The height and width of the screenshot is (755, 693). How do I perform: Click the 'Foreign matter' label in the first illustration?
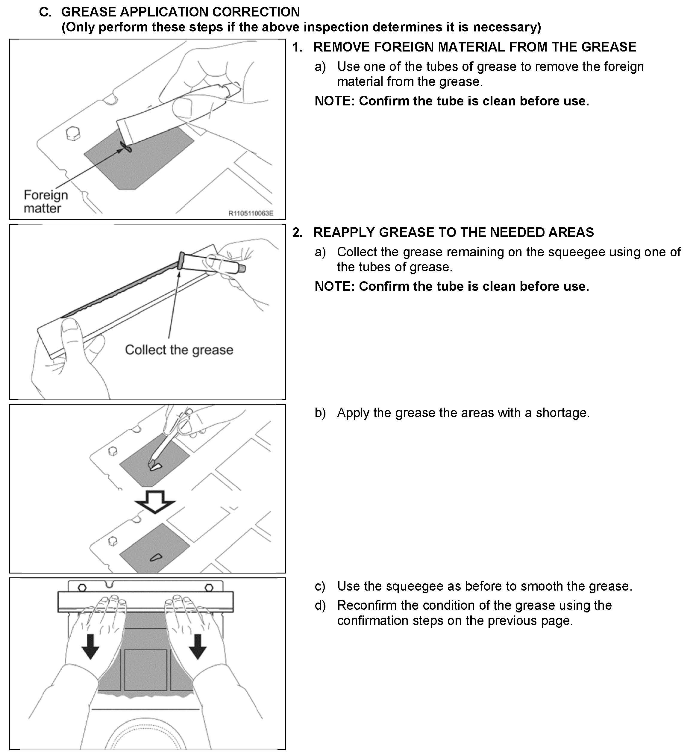46,202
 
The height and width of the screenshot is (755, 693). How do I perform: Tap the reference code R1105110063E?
251,214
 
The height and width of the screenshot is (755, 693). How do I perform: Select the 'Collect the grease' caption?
179,350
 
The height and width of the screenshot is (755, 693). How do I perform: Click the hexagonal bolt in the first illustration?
73,133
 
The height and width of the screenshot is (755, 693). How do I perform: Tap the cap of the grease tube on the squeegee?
242,269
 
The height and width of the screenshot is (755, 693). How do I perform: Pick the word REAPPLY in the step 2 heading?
344,232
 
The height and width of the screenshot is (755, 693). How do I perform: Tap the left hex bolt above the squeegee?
82,587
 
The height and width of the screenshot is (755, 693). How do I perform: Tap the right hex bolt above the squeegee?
209,587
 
